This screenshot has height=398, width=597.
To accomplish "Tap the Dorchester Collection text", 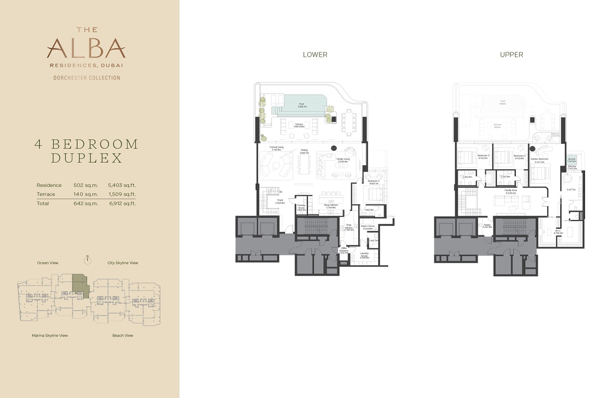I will [87, 78].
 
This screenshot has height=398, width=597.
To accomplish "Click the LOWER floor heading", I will [315, 55].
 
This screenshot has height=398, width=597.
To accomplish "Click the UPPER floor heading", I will [511, 55].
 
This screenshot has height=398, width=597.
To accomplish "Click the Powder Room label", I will [300, 207].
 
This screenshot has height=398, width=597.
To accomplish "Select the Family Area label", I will [509, 191].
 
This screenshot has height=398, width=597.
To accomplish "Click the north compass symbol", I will [87, 259].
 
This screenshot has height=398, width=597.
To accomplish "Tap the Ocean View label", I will [48, 263].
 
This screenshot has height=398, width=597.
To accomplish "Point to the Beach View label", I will [122, 336].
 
